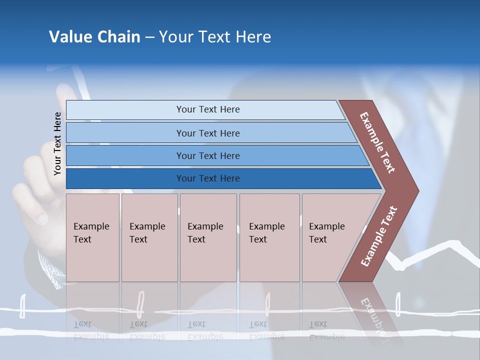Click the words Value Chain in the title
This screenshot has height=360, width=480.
(94, 37)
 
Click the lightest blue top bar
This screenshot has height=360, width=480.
(125, 110)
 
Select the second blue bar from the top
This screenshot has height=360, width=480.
(125, 133)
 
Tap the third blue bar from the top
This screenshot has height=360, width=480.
(125, 156)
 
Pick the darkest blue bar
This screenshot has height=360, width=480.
(125, 178)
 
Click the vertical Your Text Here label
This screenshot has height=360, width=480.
(57, 143)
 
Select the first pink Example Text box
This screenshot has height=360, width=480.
(92, 237)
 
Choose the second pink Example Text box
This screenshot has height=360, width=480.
(149, 237)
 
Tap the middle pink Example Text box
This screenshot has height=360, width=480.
(208, 237)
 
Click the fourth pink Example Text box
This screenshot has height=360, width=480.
(269, 237)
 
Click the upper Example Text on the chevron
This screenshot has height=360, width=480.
(377, 142)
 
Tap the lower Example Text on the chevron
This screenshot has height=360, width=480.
(378, 236)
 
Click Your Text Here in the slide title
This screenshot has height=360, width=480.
(215, 37)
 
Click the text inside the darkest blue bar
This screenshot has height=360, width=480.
(208, 178)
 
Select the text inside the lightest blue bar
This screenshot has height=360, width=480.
(208, 109)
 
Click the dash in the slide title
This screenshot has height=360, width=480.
(149, 37)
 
